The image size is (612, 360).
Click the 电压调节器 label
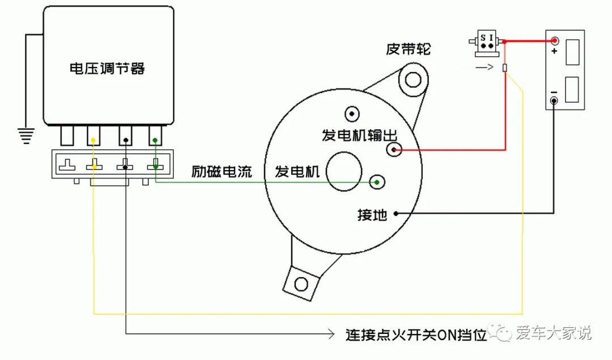click(107, 69)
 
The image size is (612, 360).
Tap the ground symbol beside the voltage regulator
click(25, 135)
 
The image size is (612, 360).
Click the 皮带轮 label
click(408, 49)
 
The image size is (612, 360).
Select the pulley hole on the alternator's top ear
click(413, 79)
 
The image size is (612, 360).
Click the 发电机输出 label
click(359, 135)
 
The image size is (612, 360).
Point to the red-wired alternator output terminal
click(394, 150)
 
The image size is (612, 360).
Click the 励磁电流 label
click(222, 172)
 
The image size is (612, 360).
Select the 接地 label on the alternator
click(372, 215)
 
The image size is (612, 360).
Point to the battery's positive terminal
click(554, 41)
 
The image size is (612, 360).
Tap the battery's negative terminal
click(554, 101)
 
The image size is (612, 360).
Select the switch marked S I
click(486, 43)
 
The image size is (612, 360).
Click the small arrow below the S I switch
click(484, 67)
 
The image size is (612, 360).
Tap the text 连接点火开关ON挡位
click(416, 334)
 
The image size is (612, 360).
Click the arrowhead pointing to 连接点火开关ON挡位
click(331, 334)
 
